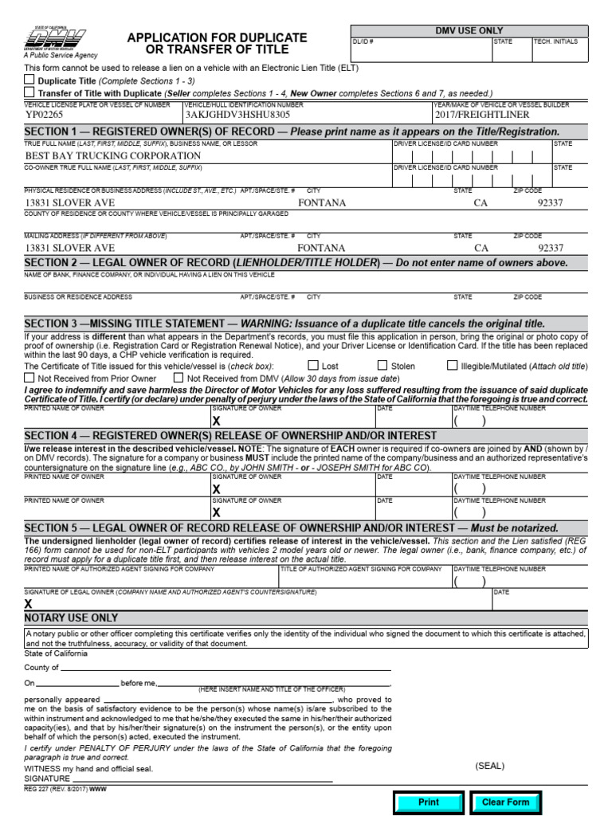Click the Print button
429,802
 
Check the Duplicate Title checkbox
29,80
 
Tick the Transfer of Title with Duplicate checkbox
29,92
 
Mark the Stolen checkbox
382,366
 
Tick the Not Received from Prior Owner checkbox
29,378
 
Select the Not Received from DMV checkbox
178,378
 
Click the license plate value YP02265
45,115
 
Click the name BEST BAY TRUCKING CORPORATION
113,155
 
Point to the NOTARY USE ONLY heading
72,618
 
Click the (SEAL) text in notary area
489,766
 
